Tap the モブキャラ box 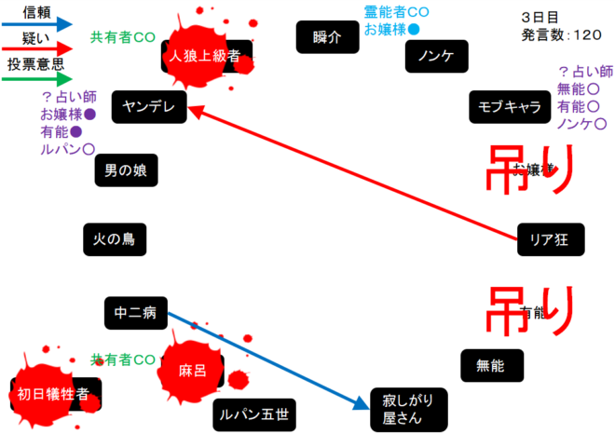pyautogui.click(x=509, y=107)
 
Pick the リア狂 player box pyautogui.click(x=549, y=238)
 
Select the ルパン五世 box pyautogui.click(x=251, y=414)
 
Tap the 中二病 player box pyautogui.click(x=136, y=314)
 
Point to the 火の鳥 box pyautogui.click(x=114, y=239)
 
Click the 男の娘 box pyautogui.click(x=125, y=170)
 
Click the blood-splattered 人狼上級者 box pyautogui.click(x=206, y=56)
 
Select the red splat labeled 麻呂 pyautogui.click(x=193, y=370)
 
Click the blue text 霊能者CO pyautogui.click(x=396, y=12)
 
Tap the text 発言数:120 pyautogui.click(x=562, y=35)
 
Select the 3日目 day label pyautogui.click(x=541, y=17)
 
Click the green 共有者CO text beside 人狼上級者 pyautogui.click(x=122, y=38)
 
